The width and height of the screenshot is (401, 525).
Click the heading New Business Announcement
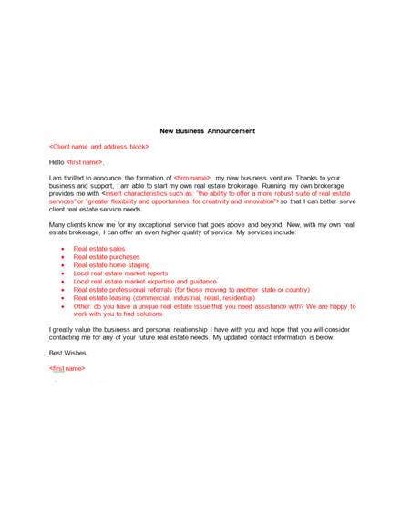pos(208,131)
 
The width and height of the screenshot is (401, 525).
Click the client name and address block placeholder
pos(99,147)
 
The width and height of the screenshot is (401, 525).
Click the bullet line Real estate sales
pos(100,248)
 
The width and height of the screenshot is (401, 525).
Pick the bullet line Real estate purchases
pos(108,256)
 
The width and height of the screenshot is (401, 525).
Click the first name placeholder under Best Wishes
pos(67,368)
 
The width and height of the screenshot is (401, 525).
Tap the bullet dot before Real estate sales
pos(61,248)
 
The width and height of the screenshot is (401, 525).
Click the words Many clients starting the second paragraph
pos(65,224)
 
